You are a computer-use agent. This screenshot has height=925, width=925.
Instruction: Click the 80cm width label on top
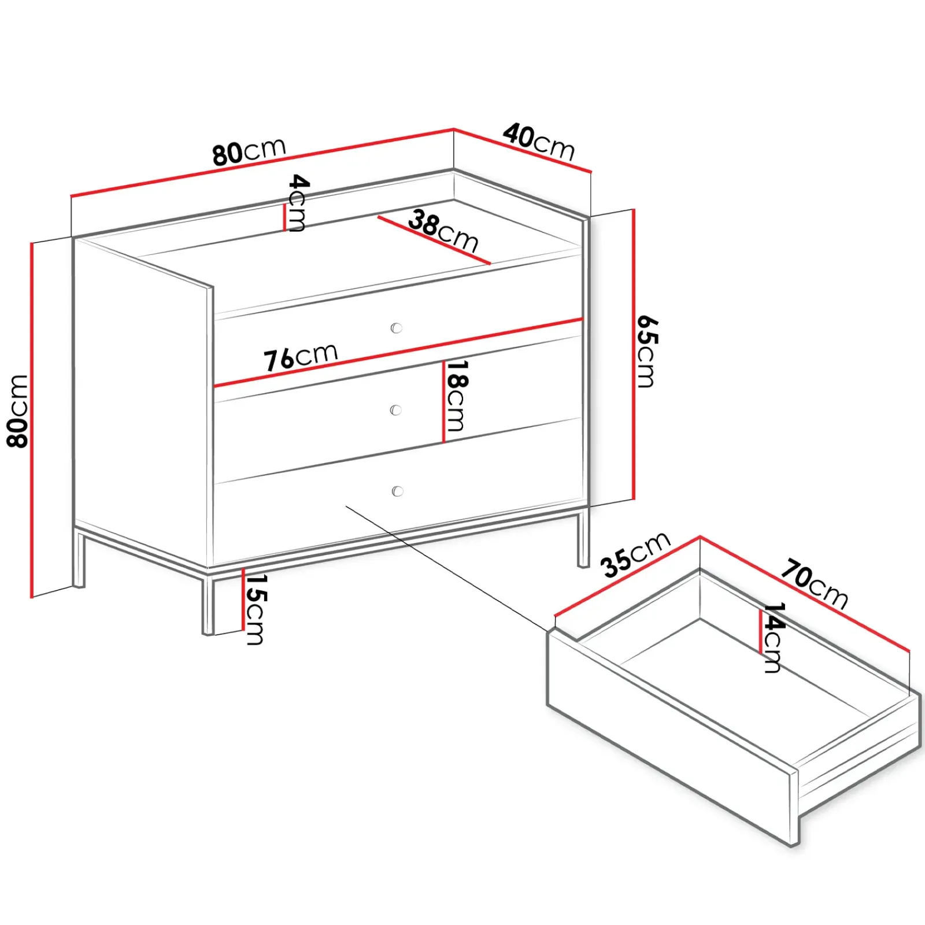[x=249, y=151]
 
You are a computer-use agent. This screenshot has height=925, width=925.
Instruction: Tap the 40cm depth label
[x=539, y=142]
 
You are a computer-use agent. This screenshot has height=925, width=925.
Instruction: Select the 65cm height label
[x=647, y=351]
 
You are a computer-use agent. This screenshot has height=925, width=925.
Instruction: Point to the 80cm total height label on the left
[x=18, y=411]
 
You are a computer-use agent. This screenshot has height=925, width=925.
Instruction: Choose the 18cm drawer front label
[x=456, y=396]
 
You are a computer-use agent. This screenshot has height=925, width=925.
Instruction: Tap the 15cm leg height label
[x=255, y=609]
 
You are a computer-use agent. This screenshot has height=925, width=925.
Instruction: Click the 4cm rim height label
[x=298, y=203]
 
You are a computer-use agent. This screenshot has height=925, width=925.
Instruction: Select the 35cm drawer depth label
[x=635, y=554]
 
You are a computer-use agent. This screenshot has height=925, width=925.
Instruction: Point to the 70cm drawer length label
[x=815, y=583]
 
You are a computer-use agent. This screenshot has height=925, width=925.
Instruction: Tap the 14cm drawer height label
[x=773, y=638]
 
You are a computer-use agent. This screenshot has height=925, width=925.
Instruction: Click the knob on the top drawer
[x=397, y=328]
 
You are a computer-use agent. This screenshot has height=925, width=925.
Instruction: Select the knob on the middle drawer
[x=396, y=410]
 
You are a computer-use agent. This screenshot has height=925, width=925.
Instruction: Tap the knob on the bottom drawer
[x=397, y=491]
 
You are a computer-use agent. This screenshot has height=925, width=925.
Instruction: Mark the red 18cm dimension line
[x=443, y=402]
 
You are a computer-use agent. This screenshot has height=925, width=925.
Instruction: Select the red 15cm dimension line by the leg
[x=243, y=601]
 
